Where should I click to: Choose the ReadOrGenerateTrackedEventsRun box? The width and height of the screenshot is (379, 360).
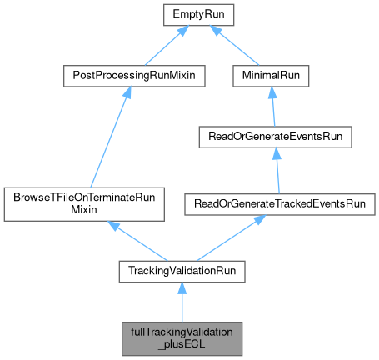(x=284, y=203)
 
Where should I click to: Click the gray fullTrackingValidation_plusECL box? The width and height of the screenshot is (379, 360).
(x=182, y=337)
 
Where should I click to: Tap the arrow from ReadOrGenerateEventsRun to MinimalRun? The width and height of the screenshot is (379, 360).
(x=267, y=106)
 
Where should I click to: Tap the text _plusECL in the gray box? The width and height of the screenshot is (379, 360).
(x=182, y=344)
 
